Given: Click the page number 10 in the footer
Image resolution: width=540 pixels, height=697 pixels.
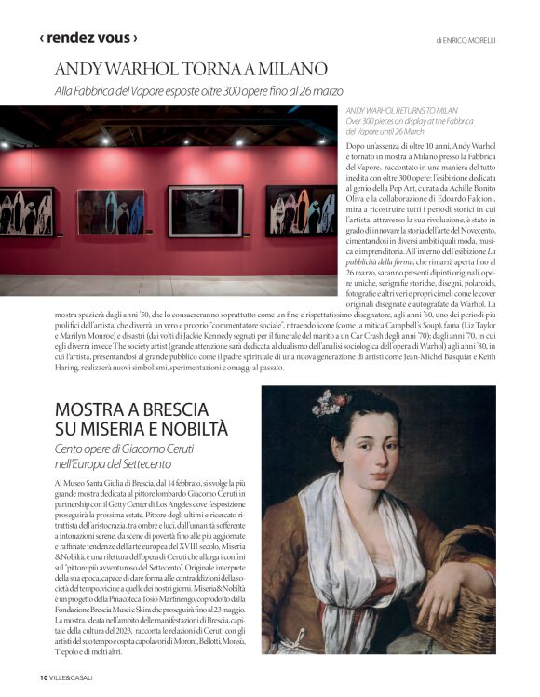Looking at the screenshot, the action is [43, 677].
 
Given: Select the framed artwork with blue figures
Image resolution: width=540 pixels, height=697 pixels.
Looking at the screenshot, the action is [111, 212].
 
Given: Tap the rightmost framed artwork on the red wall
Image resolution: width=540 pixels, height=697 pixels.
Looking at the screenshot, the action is [300, 209].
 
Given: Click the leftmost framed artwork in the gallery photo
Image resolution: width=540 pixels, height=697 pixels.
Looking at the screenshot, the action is [25, 212].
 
